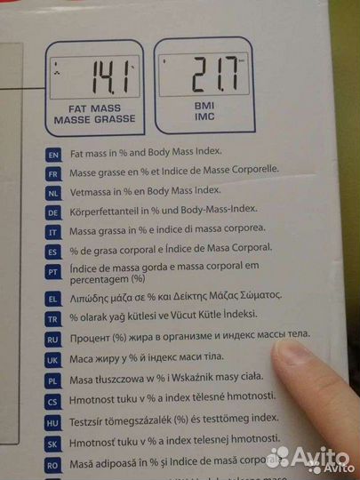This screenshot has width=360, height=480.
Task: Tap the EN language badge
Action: [x=52, y=155]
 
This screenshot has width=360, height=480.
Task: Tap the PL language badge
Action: [x=53, y=381]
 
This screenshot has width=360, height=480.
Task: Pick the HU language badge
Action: [x=54, y=422]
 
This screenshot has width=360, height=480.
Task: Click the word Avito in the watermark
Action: [x=324, y=455]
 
